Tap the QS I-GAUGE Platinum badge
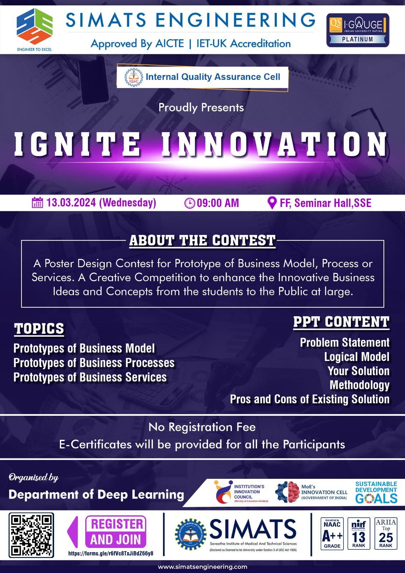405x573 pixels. [357, 30]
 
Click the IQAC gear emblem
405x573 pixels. [134, 77]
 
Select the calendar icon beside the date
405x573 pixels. [37, 203]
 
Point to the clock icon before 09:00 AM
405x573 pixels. [189, 203]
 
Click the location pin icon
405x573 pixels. [272, 203]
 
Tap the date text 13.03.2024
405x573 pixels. [71, 203]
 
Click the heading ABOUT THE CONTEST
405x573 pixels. [203, 241]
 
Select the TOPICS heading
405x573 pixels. [39, 329]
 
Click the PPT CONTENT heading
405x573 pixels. [341, 322]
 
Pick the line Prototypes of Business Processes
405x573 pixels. [94, 363]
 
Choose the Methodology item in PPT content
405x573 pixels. [360, 385]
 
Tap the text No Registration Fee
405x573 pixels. [202, 427]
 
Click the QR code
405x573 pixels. [32, 535]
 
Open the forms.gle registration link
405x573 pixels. [111, 553]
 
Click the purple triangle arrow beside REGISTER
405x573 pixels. [73, 532]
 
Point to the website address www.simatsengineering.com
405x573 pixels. [203, 567]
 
